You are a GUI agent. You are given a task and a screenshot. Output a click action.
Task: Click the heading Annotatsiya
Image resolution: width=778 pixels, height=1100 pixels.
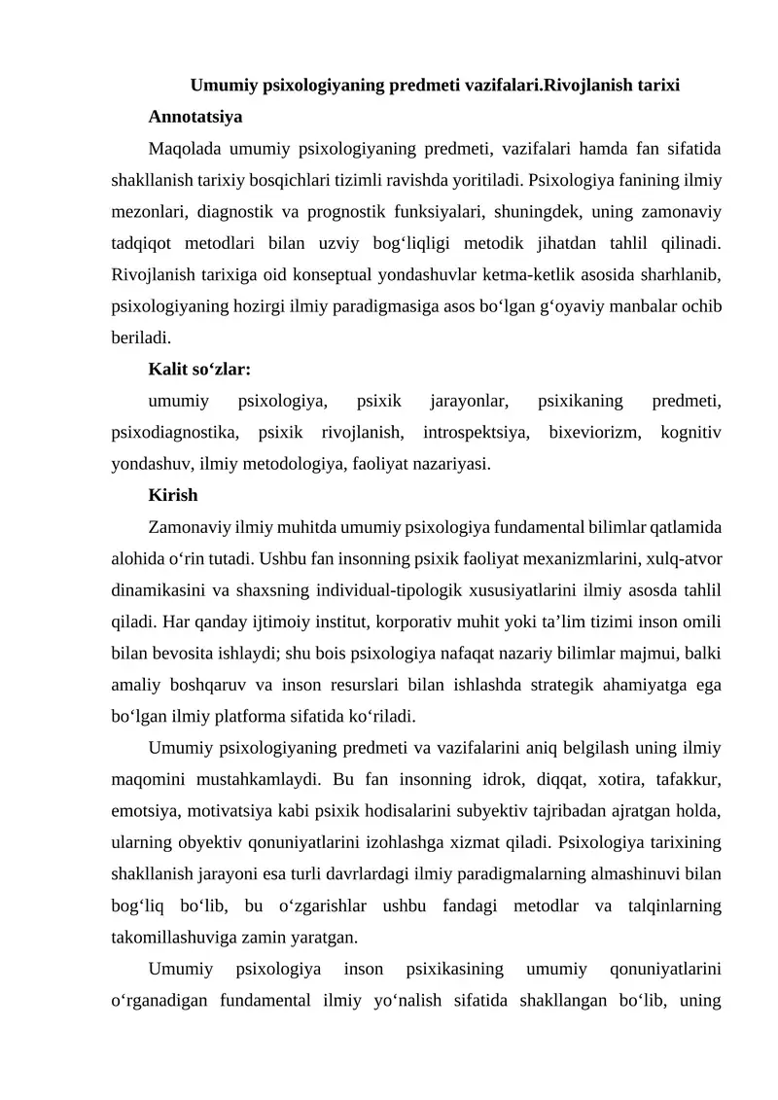click(x=195, y=117)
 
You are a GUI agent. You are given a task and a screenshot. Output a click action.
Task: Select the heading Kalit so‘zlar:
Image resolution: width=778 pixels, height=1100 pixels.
click(x=200, y=370)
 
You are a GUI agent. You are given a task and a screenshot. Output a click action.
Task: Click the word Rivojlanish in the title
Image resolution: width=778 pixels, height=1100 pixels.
click(x=588, y=85)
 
